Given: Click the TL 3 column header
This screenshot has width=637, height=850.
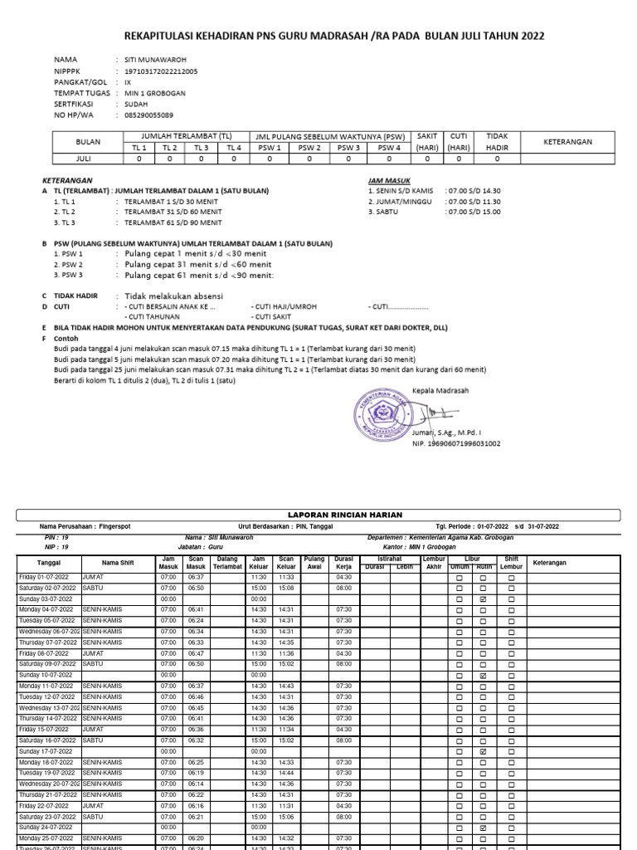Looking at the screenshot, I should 201,148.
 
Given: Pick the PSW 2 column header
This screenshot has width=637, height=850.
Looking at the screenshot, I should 309,148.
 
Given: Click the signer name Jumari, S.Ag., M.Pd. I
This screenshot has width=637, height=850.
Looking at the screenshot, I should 446,433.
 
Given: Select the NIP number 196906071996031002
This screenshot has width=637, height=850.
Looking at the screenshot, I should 456,444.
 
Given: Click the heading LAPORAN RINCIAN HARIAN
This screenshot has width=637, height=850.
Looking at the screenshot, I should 318,515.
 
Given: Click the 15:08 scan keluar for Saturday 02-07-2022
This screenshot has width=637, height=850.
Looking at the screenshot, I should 286,588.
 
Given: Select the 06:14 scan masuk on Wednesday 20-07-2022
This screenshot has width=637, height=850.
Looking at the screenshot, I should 196,784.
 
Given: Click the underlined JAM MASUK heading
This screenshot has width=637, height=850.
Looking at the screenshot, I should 387,180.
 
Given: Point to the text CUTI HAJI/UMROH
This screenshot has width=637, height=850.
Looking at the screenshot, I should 284,306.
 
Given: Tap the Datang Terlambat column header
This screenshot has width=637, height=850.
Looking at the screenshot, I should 226,563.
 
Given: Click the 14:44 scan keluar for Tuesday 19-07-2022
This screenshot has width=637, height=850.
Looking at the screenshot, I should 286,773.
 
